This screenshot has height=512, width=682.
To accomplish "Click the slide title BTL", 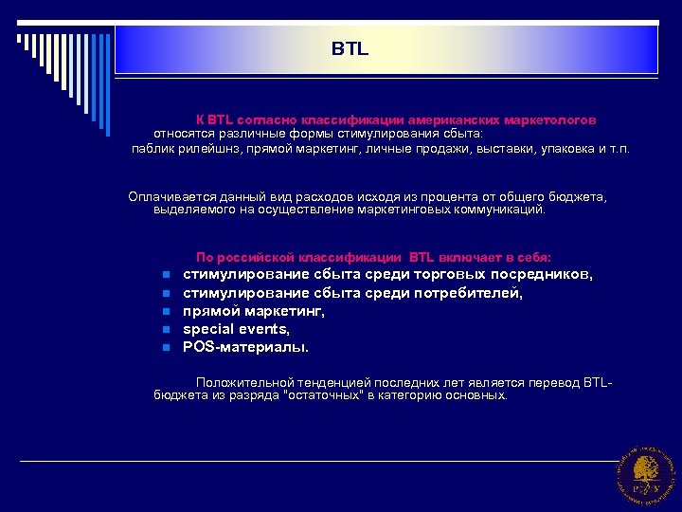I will point(350,48).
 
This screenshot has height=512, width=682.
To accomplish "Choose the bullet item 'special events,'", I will point(236,329).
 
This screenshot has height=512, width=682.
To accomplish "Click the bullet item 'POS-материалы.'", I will point(245,347).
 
